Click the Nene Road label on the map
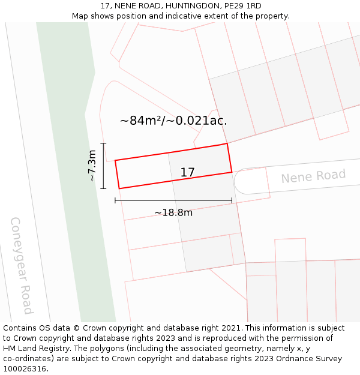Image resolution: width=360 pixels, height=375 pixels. [313, 176]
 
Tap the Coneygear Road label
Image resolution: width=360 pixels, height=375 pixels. [22, 265]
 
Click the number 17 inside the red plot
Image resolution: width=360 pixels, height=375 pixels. [187, 173]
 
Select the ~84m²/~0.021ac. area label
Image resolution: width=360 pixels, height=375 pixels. [173, 121]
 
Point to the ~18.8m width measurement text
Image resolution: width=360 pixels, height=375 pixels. [173, 213]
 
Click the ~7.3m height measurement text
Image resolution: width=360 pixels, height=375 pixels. [92, 166]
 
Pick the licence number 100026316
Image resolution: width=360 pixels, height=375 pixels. [26, 369]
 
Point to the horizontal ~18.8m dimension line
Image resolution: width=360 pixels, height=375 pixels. [173, 200]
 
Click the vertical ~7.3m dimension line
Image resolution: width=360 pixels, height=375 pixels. [104, 166]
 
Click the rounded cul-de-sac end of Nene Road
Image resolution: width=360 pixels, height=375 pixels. [239, 181]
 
